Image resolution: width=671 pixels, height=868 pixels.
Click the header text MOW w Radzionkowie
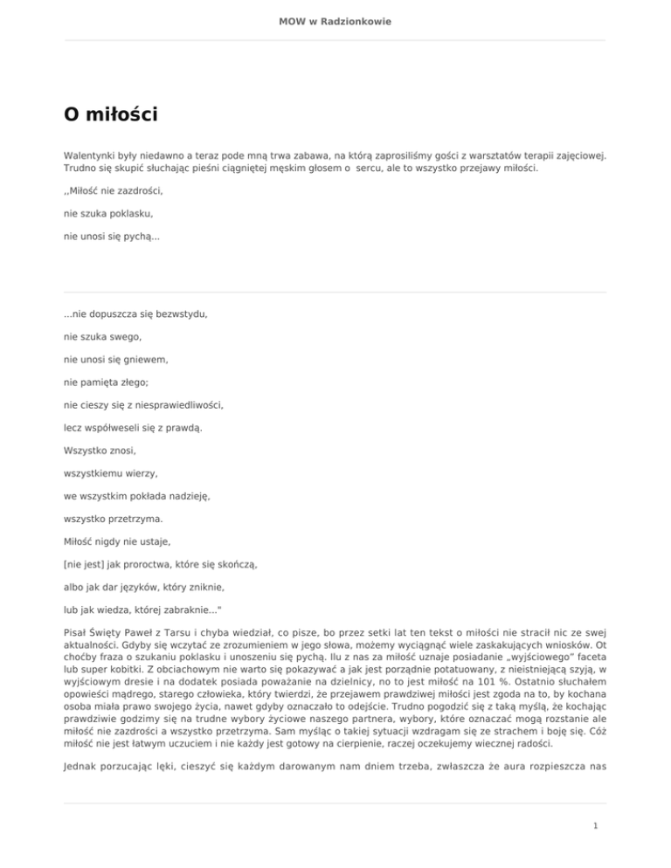(335, 21)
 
